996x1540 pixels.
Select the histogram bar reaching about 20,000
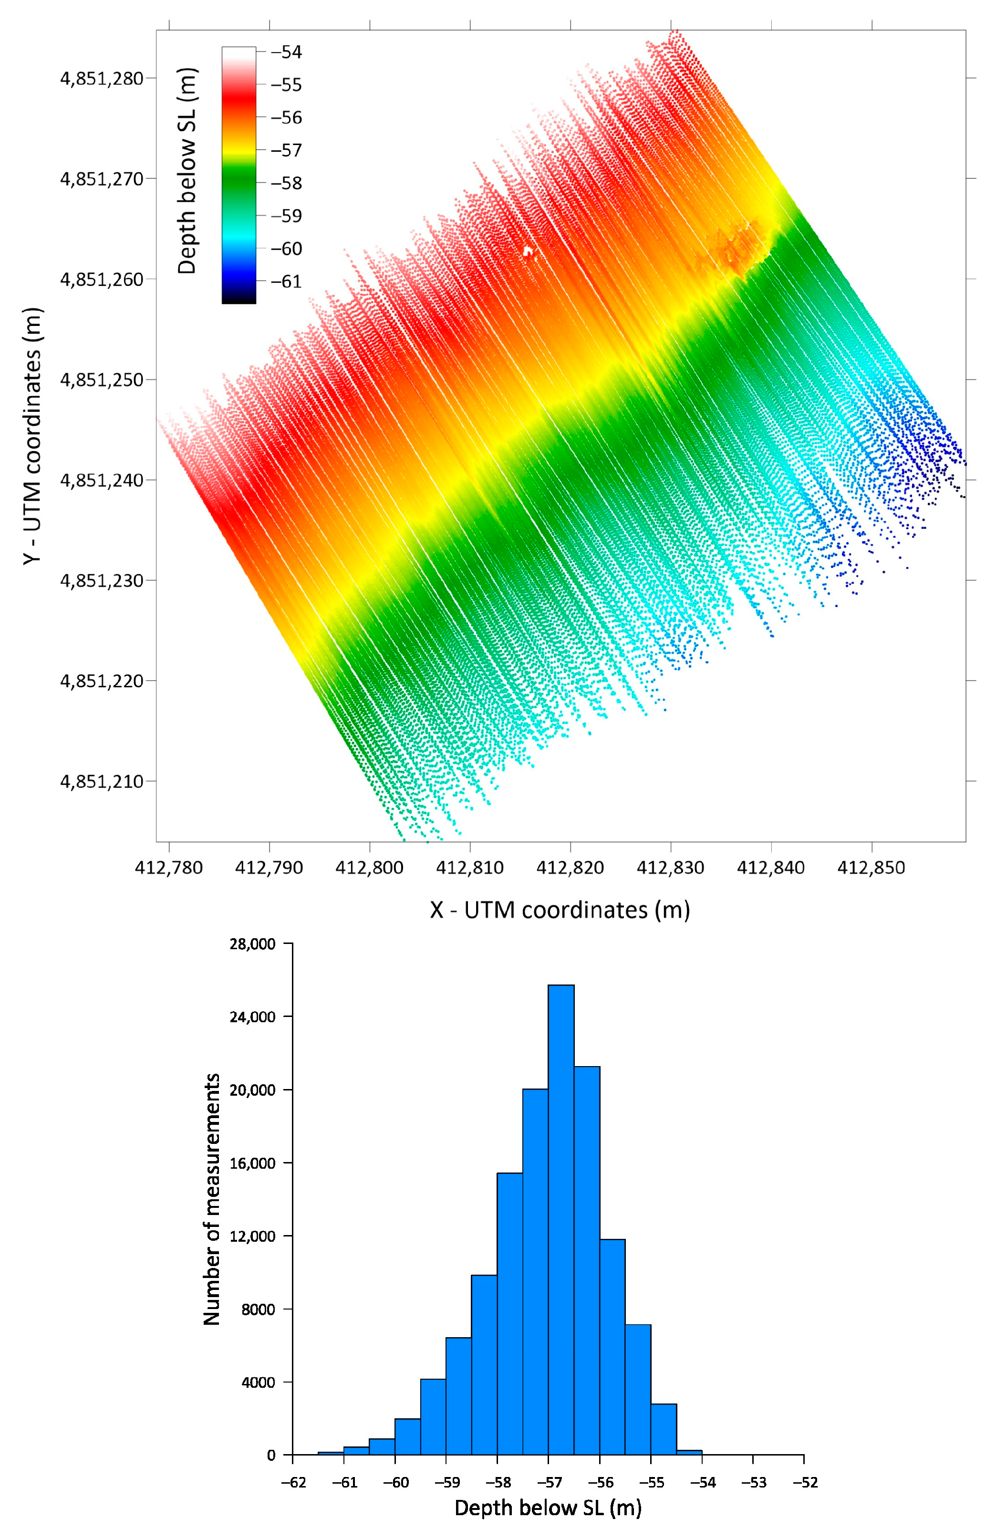tap(535, 1275)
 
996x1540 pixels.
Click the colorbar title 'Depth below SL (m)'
tap(187, 171)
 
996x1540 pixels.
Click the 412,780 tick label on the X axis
tap(169, 868)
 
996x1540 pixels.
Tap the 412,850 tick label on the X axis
tap(872, 868)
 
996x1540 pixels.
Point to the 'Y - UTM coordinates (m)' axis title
tap(32, 436)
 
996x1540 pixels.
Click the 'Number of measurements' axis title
tap(212, 1199)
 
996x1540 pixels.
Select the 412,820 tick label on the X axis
tap(571, 868)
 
